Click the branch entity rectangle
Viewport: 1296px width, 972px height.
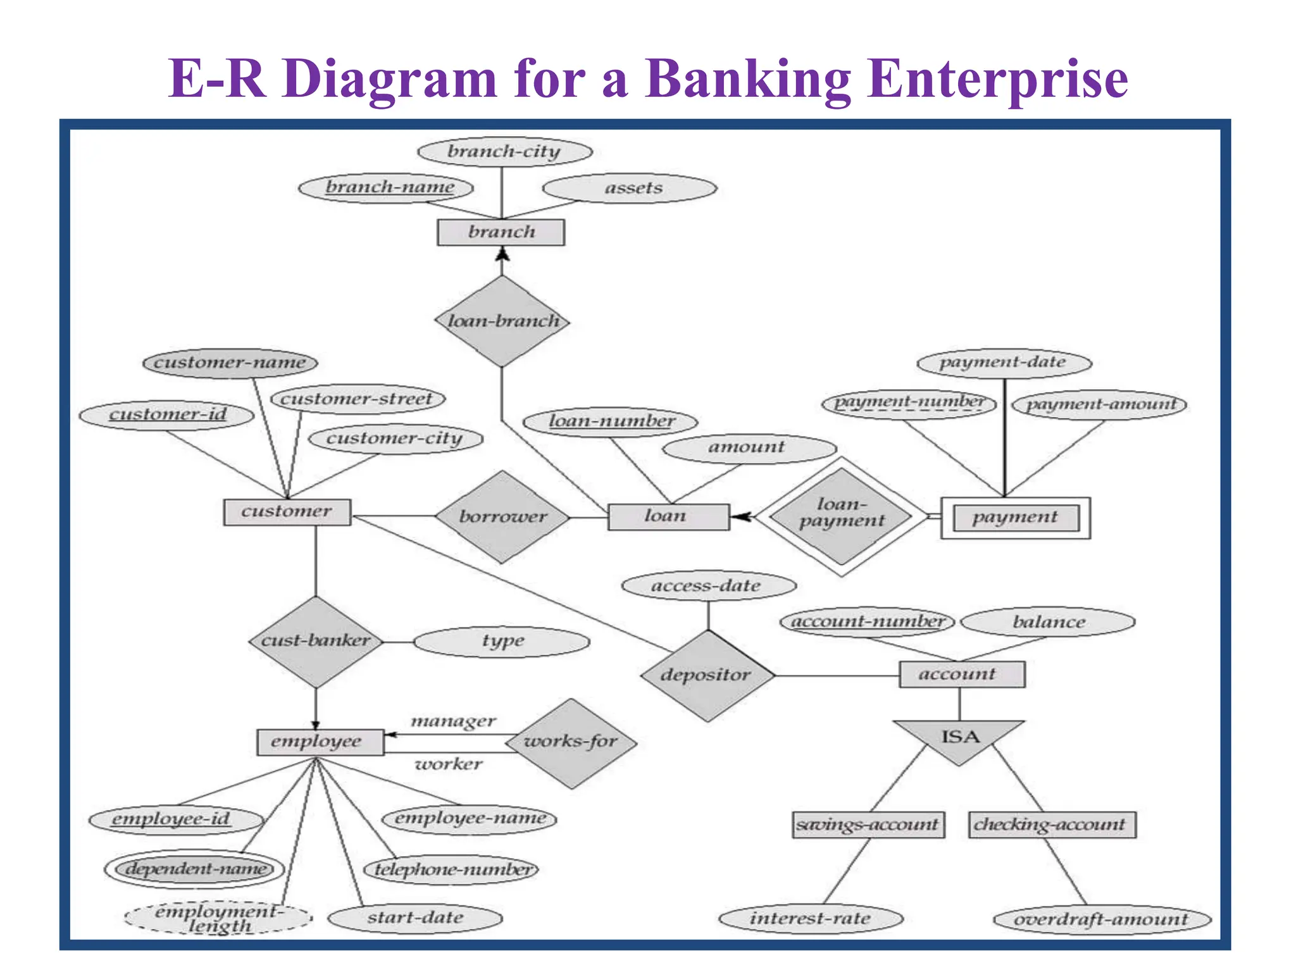pos(501,232)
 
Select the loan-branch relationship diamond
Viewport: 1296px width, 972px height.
pos(502,321)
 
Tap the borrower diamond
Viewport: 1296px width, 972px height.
pos(502,517)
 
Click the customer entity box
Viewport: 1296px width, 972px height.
pos(287,511)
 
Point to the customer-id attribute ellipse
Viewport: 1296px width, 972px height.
pos(166,415)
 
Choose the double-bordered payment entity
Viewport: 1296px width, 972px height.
pos(1015,518)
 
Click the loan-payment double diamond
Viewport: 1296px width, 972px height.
pos(841,516)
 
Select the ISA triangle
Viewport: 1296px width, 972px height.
pos(959,738)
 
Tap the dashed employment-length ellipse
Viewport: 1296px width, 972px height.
pos(218,918)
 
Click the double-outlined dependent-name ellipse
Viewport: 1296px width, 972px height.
pos(194,869)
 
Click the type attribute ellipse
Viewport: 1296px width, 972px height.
pos(502,642)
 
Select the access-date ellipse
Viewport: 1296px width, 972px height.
pos(708,586)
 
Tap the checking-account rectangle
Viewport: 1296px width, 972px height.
pos(1051,825)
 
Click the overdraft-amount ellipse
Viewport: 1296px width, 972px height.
pos(1102,919)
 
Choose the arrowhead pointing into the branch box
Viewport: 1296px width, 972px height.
pos(502,254)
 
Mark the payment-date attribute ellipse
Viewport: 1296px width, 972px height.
pos(1004,363)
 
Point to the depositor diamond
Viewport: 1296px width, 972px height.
pos(707,675)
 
